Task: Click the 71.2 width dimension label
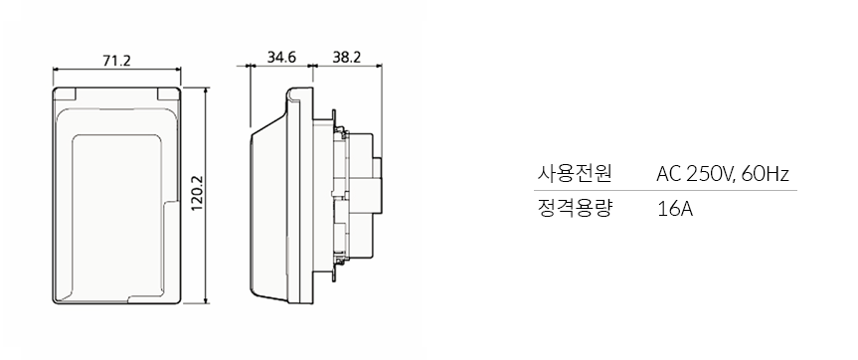coord(116,60)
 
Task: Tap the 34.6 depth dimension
coord(282,57)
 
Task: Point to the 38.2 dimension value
coord(347,57)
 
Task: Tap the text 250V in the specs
coord(710,175)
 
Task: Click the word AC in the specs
coord(668,175)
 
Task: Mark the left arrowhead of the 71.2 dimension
coord(56,70)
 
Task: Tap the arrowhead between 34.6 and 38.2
coord(311,67)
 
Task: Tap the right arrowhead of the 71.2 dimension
coord(179,70)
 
